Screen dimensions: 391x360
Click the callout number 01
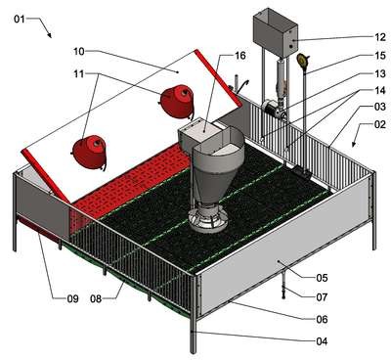[x=20, y=19]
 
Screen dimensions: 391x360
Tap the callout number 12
[x=380, y=37]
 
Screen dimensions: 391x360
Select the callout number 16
[x=239, y=56]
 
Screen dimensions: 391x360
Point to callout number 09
[x=72, y=298]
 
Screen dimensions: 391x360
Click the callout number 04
[x=322, y=341]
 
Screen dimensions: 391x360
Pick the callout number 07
[x=322, y=297]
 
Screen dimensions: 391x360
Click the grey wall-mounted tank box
[x=276, y=32]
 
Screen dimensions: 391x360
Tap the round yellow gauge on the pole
[x=303, y=61]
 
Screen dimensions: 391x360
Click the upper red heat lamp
[x=177, y=101]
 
